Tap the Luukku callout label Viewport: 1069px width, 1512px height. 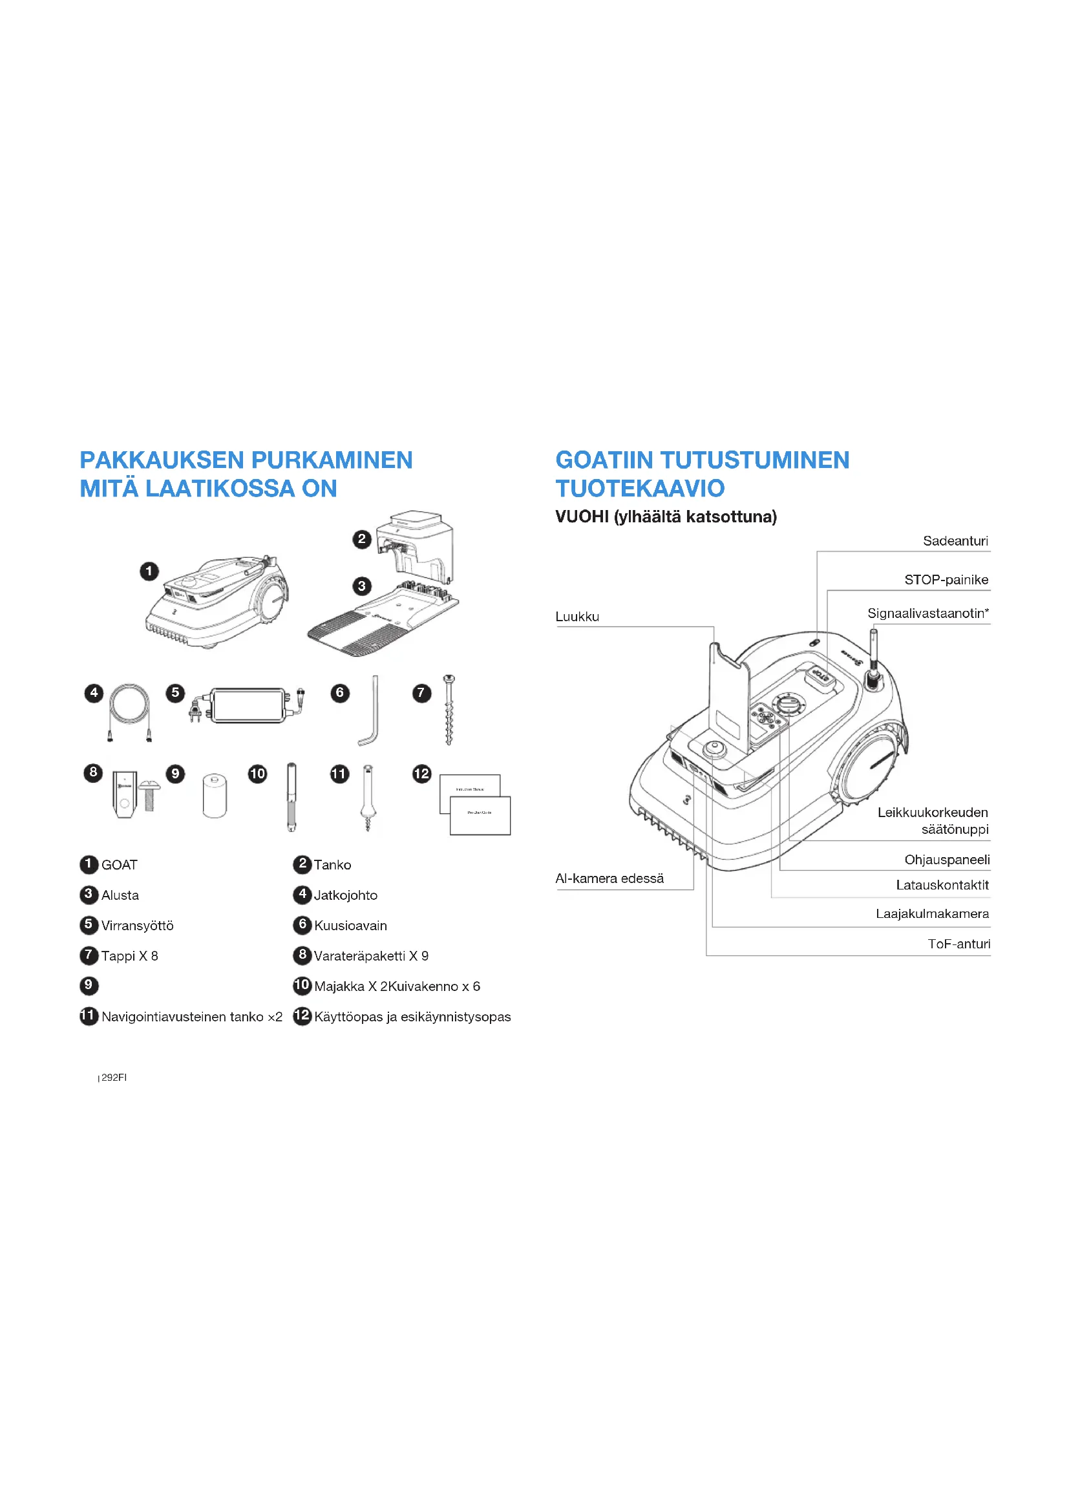[577, 617]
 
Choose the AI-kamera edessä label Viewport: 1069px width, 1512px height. [609, 878]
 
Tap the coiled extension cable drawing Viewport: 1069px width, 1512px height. [130, 711]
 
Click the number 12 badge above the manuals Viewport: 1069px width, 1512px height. [421, 773]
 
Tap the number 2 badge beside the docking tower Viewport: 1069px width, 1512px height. [361, 539]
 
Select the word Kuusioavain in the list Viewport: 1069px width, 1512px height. [350, 925]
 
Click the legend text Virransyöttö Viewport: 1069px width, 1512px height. [137, 925]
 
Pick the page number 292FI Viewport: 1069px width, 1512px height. [114, 1078]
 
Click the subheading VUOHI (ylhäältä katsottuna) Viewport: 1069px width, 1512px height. [666, 516]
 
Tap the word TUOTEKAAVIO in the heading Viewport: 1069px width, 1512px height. [640, 488]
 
